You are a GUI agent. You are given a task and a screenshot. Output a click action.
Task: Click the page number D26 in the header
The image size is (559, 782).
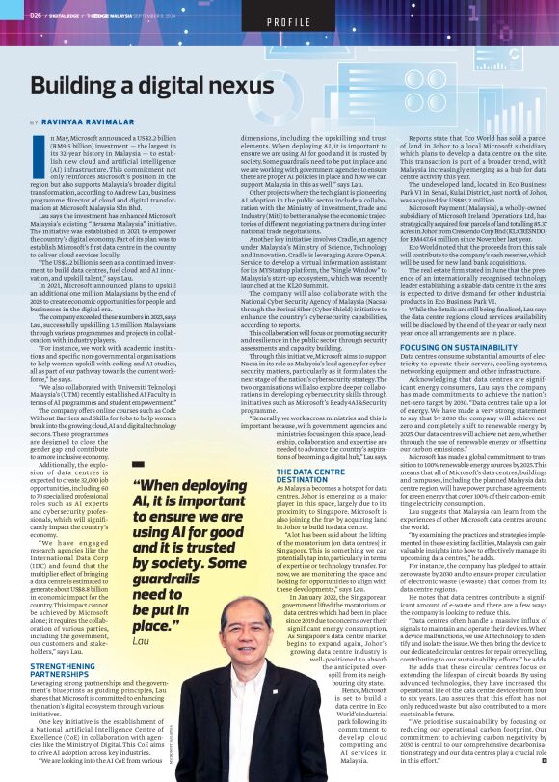[x=36, y=15]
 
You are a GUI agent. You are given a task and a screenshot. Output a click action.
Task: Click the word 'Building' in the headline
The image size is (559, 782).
[x=83, y=87]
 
